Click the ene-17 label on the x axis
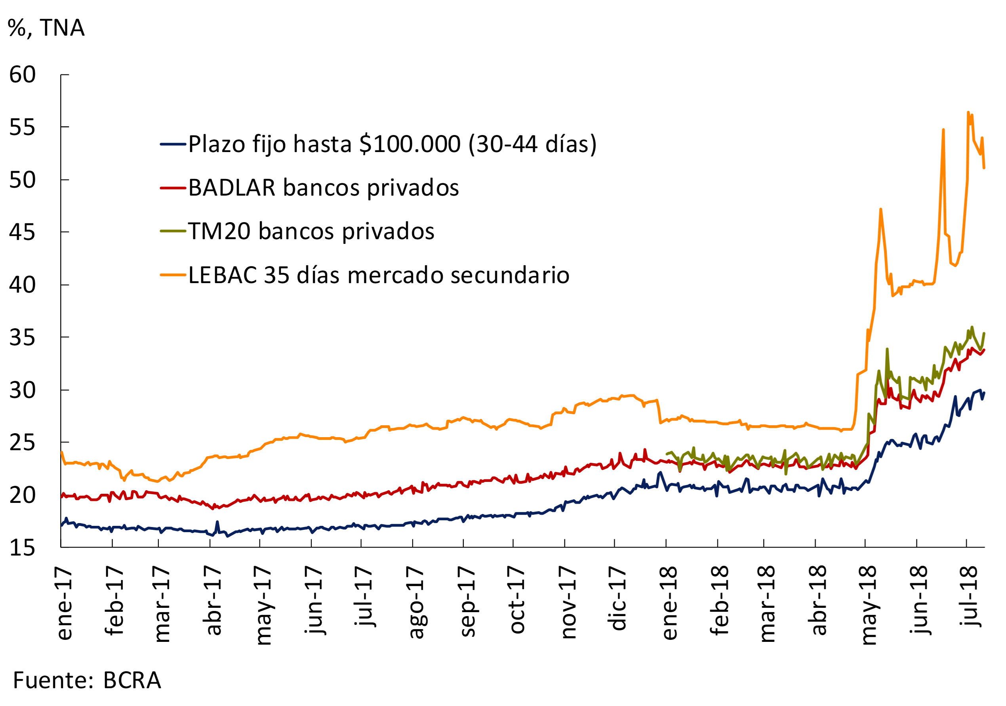tap(64, 603)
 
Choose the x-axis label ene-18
tap(669, 603)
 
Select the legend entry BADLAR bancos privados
tap(323, 188)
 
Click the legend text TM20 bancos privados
tap(311, 231)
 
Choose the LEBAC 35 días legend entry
tap(379, 276)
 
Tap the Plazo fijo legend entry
tap(392, 144)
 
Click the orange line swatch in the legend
tap(173, 275)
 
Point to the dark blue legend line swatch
tap(173, 144)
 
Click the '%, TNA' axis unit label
tap(46, 28)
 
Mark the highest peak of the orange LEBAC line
tap(968, 112)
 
